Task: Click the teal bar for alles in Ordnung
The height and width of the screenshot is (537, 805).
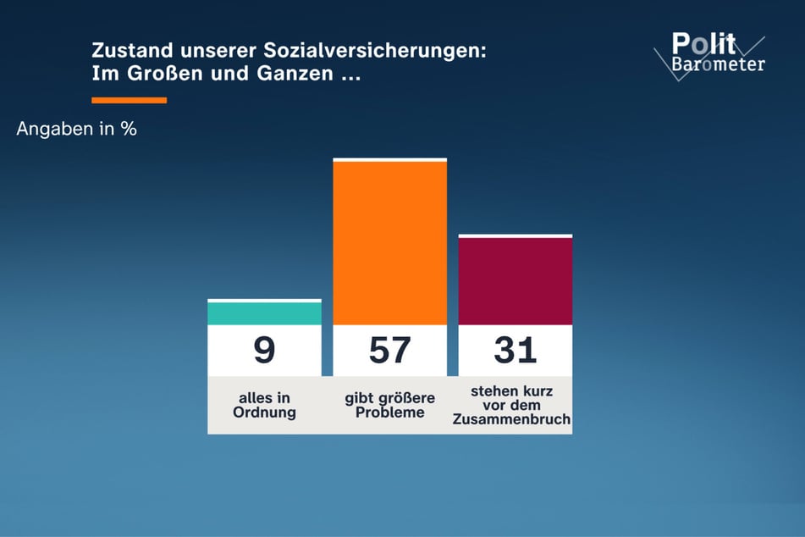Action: (264, 313)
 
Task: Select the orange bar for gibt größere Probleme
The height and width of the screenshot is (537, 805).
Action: (389, 242)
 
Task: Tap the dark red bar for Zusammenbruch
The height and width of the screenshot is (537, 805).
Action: (515, 281)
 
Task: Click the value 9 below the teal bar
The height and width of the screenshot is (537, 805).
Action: (264, 351)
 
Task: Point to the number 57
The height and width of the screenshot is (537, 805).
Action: (389, 351)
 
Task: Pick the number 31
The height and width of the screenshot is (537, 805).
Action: (515, 351)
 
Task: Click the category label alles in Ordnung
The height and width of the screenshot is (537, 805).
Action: (264, 406)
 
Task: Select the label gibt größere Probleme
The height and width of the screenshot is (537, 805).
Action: (389, 406)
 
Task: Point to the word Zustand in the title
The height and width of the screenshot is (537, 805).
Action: (124, 51)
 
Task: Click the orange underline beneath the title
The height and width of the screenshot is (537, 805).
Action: (129, 100)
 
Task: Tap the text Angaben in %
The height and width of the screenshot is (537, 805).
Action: (76, 130)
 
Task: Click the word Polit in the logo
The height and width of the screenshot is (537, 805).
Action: (703, 44)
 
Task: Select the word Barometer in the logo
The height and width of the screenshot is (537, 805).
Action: (718, 64)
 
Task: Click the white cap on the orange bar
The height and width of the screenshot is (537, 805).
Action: (389, 159)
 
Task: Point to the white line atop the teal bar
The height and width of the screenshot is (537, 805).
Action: (264, 300)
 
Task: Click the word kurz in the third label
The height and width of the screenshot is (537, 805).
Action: (538, 391)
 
